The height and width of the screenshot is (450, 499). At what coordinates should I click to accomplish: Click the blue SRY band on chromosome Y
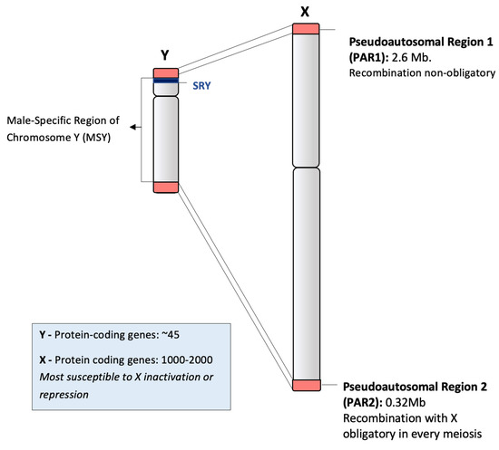click(x=165, y=82)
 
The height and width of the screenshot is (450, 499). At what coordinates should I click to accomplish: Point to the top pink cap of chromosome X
click(x=306, y=29)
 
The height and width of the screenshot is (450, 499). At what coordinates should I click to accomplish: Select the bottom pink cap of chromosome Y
click(x=165, y=187)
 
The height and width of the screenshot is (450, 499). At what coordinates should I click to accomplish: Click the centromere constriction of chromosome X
click(x=306, y=167)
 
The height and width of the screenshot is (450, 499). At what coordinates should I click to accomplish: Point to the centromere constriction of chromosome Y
click(x=165, y=95)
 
